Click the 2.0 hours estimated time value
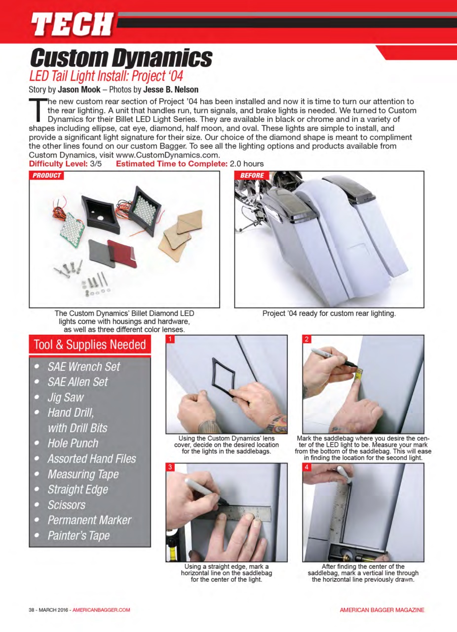(x=247, y=164)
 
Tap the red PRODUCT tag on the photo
(x=47, y=176)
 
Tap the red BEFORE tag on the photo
(x=252, y=176)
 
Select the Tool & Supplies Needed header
(x=89, y=345)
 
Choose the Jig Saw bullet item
(x=66, y=397)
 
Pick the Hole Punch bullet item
(x=73, y=443)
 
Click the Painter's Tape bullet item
(x=78, y=536)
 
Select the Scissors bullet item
(x=66, y=505)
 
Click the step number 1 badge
(x=170, y=339)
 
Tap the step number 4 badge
(x=307, y=467)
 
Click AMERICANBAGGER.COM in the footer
(x=101, y=610)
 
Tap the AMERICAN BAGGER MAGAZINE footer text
(x=382, y=610)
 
